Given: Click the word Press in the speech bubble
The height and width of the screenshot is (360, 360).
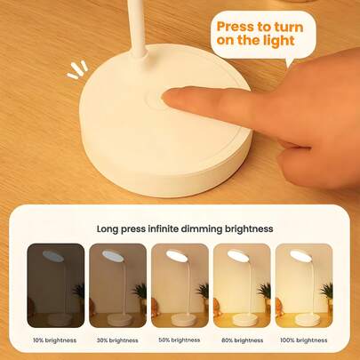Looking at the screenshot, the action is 235,27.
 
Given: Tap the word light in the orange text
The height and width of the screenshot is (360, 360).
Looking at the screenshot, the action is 279,41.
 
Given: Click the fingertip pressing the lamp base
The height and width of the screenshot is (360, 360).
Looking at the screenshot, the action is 171,99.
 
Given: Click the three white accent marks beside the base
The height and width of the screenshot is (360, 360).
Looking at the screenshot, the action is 77,70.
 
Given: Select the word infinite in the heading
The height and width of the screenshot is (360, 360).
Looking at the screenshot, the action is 164,228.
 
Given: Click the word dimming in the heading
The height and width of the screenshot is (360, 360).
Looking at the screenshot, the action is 202,229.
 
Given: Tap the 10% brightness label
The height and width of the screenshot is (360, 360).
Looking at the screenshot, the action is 55,340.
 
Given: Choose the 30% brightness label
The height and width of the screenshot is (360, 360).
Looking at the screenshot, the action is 117,340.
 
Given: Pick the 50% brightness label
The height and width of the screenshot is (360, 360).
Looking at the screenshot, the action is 180,340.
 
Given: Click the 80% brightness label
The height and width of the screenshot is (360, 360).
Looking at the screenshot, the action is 242,340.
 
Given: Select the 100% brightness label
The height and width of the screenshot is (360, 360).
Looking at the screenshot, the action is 304,340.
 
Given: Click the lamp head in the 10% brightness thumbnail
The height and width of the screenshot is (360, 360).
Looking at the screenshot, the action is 53,256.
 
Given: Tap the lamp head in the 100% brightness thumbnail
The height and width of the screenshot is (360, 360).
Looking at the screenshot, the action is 300,256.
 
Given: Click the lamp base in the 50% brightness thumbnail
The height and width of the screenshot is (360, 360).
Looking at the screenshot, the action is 181,319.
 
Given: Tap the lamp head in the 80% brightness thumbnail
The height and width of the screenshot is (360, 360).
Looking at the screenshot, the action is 237,256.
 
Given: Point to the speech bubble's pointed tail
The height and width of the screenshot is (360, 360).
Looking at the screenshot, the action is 289,61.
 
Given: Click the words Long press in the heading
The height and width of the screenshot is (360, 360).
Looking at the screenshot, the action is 121,229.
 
